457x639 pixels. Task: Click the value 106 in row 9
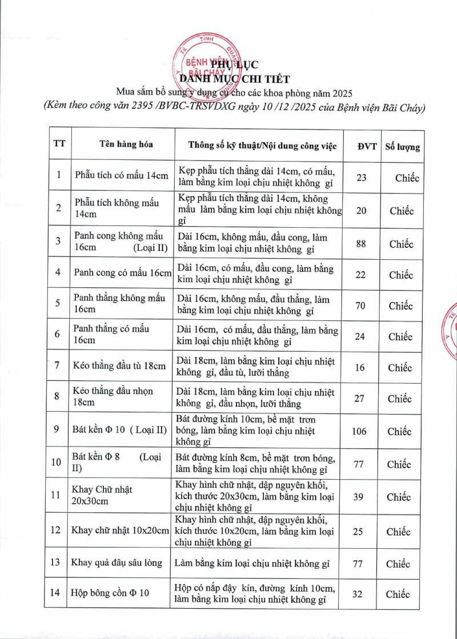click(x=359, y=431)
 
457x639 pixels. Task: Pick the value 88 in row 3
click(x=360, y=244)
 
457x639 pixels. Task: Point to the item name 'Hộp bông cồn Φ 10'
click(x=110, y=593)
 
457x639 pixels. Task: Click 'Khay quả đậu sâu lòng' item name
click(x=117, y=562)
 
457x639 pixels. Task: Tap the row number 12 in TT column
click(x=55, y=530)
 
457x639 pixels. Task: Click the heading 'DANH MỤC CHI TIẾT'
click(x=234, y=79)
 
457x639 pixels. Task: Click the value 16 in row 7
click(x=359, y=367)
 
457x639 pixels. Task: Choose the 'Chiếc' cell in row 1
click(x=407, y=178)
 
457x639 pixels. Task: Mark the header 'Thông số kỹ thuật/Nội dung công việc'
click(x=263, y=146)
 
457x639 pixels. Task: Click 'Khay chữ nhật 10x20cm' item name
click(x=121, y=531)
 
